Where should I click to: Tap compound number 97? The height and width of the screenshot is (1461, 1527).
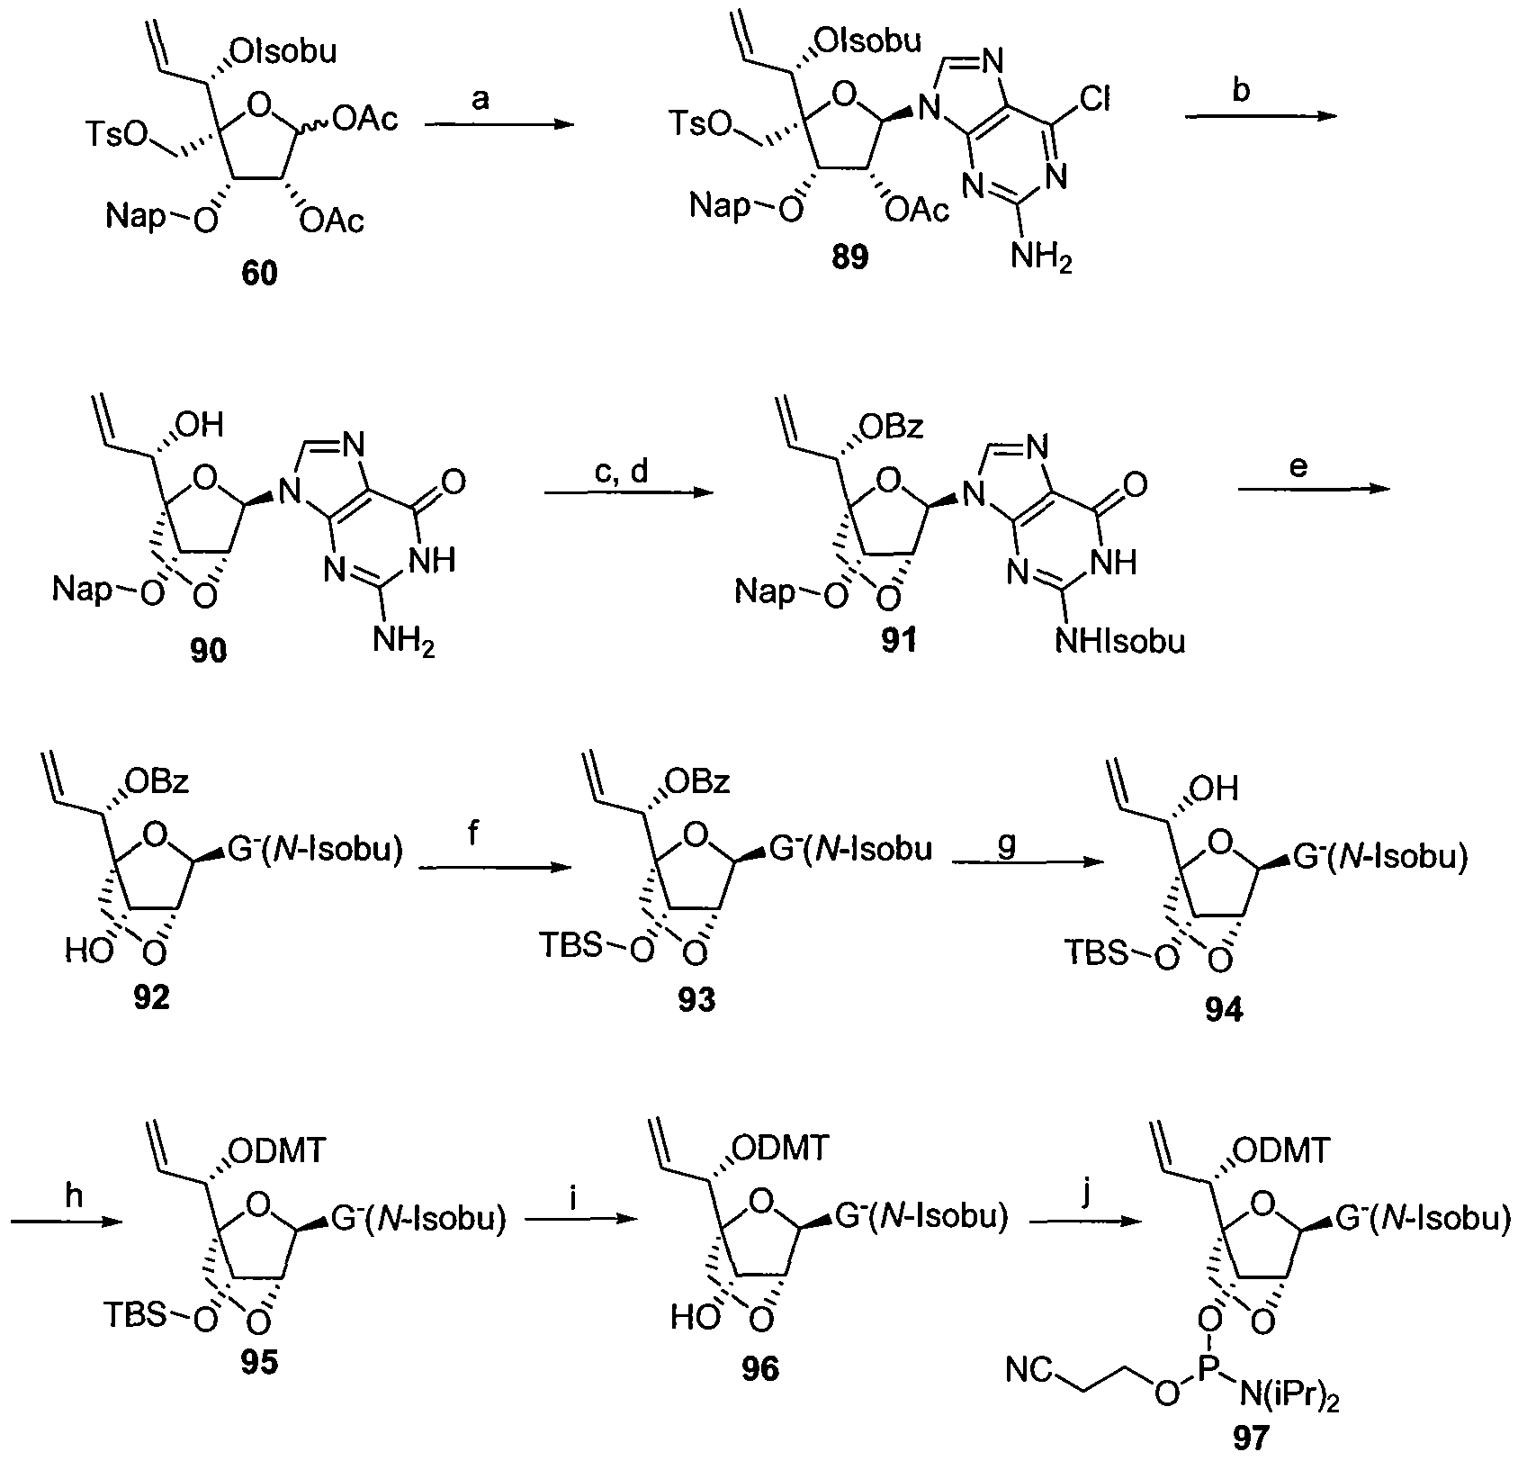coord(1249,1439)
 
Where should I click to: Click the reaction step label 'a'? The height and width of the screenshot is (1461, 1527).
coord(481,98)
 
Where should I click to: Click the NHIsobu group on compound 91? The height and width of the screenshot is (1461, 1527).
coord(1127,641)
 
